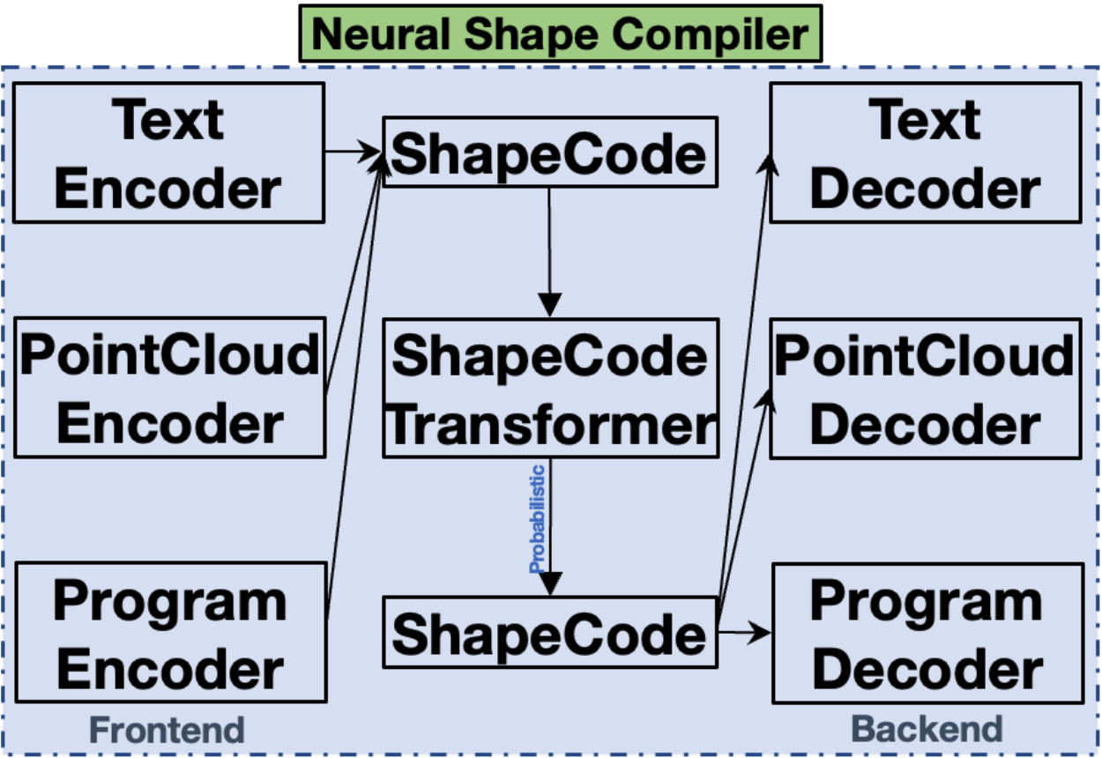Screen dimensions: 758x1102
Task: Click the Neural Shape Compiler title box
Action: coord(560,33)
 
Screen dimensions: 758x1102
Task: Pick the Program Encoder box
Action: coord(171,634)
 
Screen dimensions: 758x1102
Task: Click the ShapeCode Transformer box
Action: coord(550,388)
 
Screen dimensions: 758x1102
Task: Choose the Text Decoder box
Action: coord(925,152)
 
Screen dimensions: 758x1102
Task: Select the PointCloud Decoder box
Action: coord(925,388)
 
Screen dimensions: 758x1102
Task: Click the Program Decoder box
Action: coord(927,634)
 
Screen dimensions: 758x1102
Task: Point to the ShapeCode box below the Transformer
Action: coord(548,632)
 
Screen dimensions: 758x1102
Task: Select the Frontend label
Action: coord(168,730)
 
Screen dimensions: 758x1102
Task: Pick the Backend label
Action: coord(927,729)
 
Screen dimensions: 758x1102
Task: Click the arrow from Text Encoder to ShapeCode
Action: coord(353,152)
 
